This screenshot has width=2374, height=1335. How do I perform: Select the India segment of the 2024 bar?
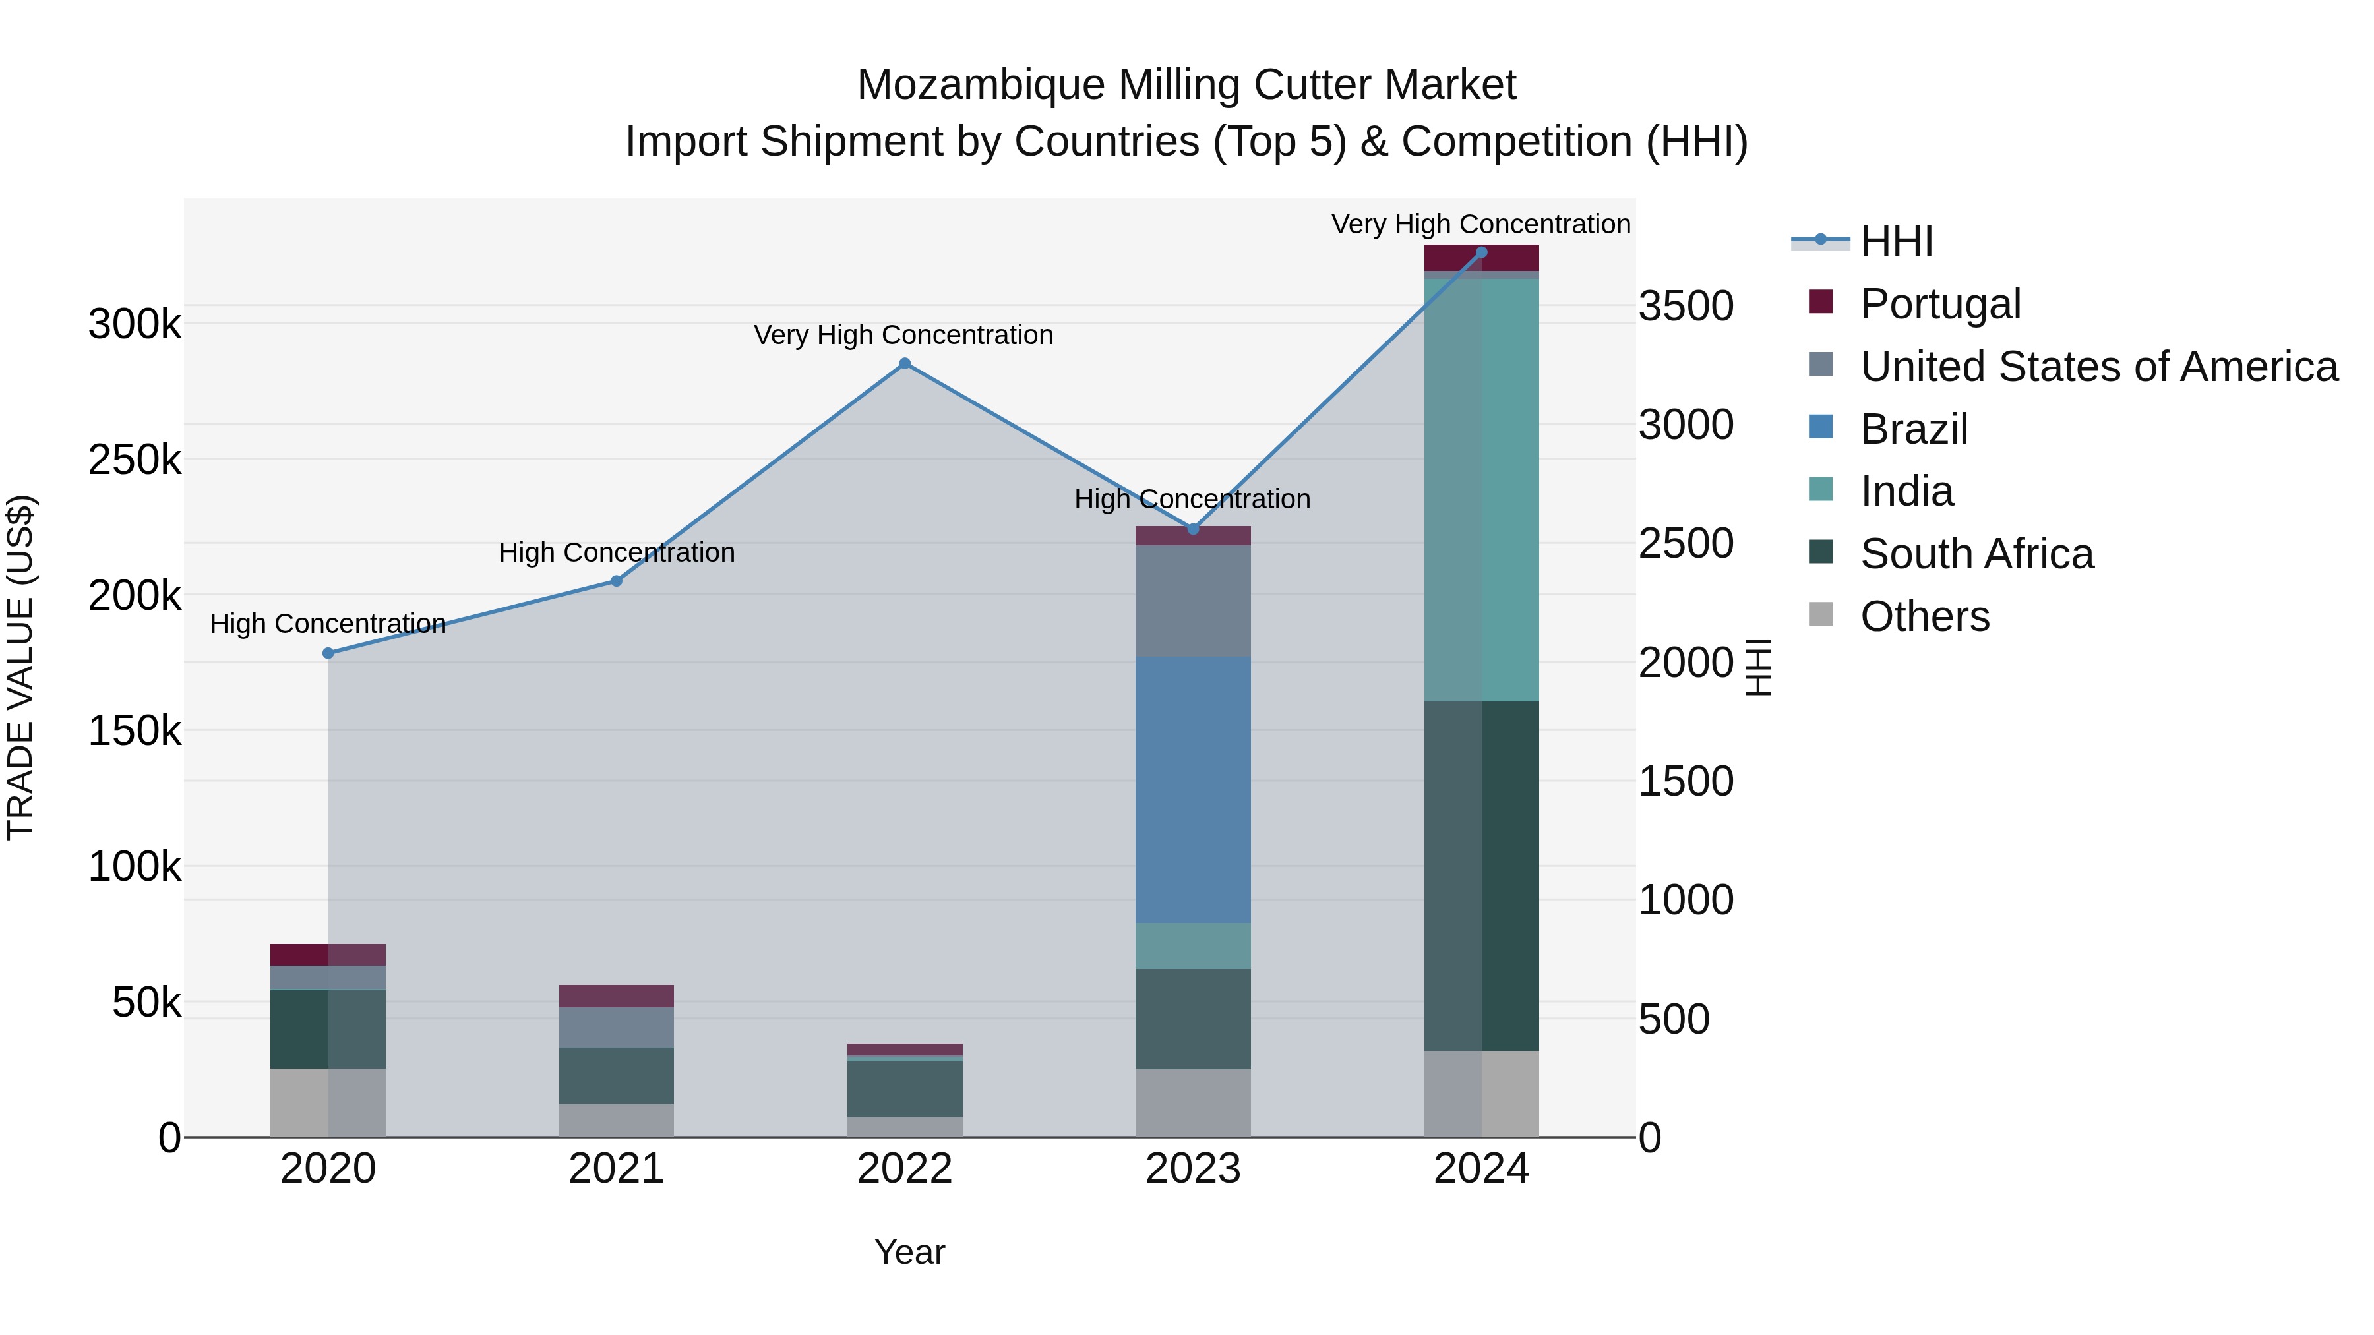1481,489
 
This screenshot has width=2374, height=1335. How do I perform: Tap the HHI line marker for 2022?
904,364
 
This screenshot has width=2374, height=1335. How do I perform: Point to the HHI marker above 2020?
328,653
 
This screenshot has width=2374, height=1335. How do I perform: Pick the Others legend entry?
1924,616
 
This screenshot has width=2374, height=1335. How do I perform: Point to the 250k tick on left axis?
135,460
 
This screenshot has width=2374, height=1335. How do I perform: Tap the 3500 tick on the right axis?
1686,306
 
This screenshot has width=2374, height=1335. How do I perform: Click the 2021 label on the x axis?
616,1169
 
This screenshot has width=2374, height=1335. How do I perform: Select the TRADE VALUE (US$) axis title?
20,667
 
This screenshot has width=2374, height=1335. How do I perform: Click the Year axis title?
909,1252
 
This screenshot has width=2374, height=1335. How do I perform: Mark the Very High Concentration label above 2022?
903,336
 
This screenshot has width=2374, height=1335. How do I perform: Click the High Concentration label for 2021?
617,553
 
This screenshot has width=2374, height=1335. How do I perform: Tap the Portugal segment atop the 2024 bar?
1481,257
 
